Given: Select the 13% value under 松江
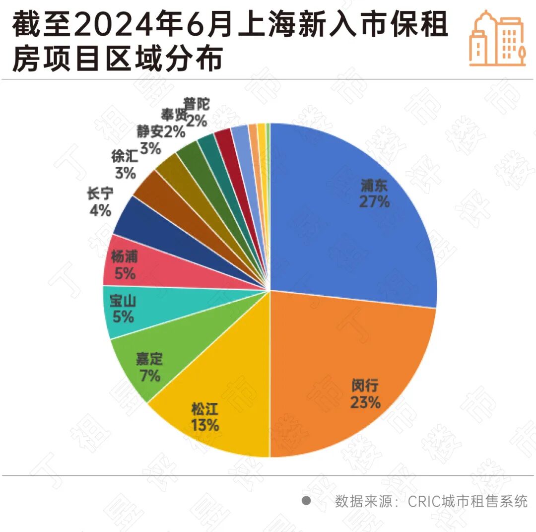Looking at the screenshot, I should [x=204, y=425].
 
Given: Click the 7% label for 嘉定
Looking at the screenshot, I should [x=150, y=376].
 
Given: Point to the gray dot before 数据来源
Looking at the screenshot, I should [x=306, y=501].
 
